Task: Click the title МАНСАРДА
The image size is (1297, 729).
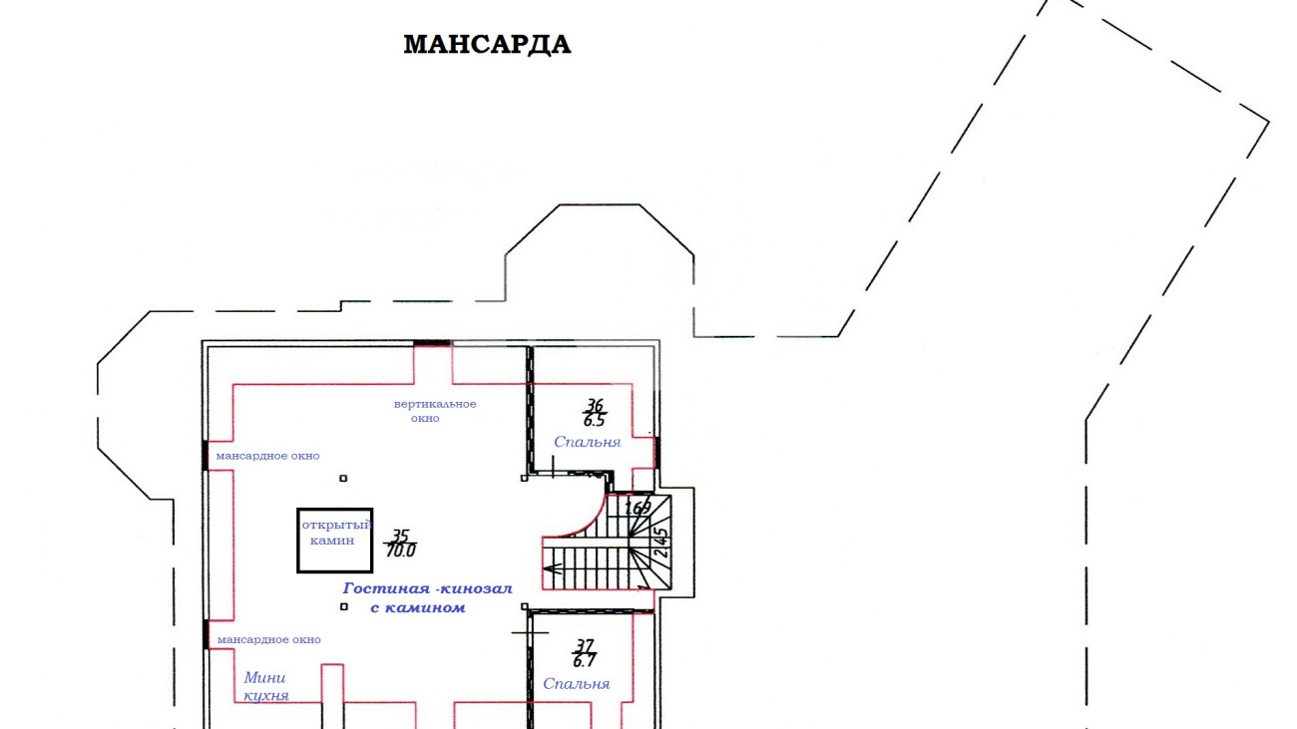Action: coord(487,45)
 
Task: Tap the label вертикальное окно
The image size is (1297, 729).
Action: coord(435,411)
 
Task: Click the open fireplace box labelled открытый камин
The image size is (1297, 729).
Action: coord(334,541)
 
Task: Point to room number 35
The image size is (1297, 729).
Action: coord(400,536)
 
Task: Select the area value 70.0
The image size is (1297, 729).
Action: coord(401,550)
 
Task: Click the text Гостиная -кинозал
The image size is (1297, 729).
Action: coord(427,588)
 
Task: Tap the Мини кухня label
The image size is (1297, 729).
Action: coord(265,686)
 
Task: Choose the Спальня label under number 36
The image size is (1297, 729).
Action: coord(587,442)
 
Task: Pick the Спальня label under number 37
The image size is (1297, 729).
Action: coord(576,684)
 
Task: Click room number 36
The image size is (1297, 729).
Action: coord(595,405)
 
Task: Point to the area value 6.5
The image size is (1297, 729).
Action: coord(594,421)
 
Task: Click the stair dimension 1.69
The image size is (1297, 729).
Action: coord(639,508)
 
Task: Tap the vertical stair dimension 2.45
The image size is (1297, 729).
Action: coord(660,543)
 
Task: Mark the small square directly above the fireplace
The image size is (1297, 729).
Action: coord(343,479)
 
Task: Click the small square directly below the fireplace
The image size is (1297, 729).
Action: coord(344,607)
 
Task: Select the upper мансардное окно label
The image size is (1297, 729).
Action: coord(268,456)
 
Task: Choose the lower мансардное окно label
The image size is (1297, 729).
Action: coord(269,640)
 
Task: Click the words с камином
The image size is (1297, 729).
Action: coord(417,608)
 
